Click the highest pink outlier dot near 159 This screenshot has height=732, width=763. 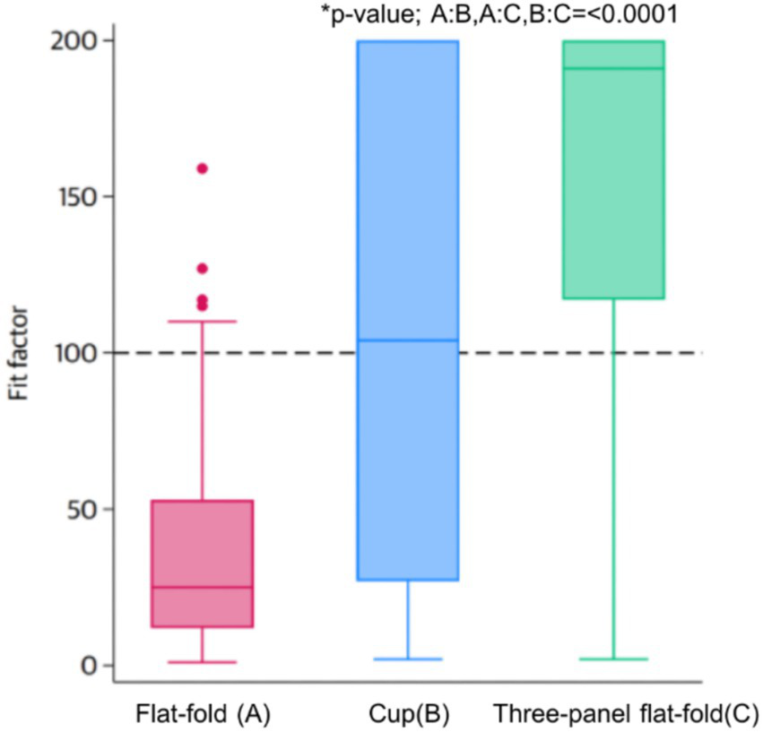pyautogui.click(x=203, y=168)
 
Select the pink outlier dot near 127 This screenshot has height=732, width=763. pyautogui.click(x=203, y=268)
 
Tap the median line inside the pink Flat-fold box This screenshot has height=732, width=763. pyautogui.click(x=203, y=587)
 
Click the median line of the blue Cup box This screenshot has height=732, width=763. pyautogui.click(x=408, y=340)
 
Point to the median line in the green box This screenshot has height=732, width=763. pyautogui.click(x=613, y=68)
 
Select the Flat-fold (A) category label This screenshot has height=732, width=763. pyautogui.click(x=203, y=714)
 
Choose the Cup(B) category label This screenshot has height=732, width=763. pyautogui.click(x=409, y=714)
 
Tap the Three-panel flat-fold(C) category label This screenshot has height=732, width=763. pyautogui.click(x=626, y=714)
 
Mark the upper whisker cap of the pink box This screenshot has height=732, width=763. pyautogui.click(x=203, y=321)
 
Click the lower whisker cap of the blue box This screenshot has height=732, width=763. pyautogui.click(x=408, y=659)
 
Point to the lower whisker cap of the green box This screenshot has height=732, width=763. pyautogui.click(x=613, y=659)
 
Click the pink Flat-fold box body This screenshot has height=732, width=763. pyautogui.click(x=203, y=547)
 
